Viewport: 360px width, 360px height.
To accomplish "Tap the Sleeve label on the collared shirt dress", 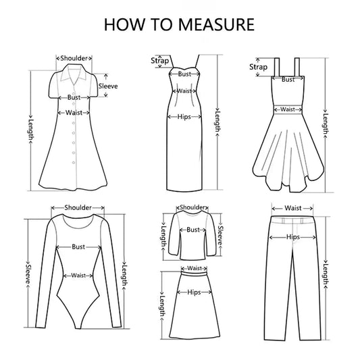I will click(108, 86).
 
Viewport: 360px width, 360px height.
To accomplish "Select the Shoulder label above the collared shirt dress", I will click(74, 58).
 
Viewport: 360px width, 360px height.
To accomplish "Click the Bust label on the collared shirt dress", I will click(74, 98).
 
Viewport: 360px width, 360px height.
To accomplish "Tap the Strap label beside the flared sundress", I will click(258, 66).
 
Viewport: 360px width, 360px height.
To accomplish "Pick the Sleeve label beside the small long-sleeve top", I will click(220, 234).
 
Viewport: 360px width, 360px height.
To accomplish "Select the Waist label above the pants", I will click(292, 208).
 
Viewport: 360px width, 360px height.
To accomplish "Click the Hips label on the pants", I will click(292, 238).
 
